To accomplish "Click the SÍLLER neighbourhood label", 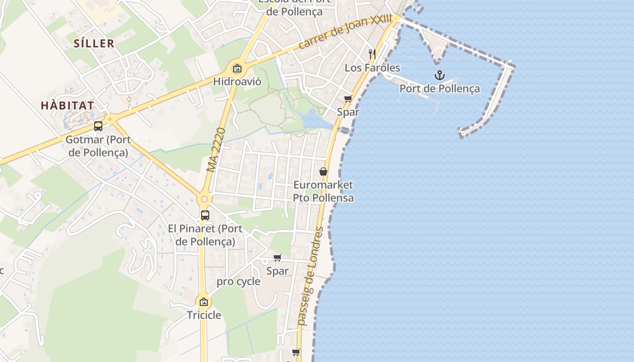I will point(94,43).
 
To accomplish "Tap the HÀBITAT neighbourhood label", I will point(67,106).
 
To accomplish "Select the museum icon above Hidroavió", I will point(237,69).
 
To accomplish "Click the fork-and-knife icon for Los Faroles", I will point(372,54).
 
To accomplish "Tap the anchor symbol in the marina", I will point(439,75).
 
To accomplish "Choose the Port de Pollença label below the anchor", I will point(439,88).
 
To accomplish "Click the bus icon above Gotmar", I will point(98,126).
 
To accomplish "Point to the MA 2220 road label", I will point(216,150).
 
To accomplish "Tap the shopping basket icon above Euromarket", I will point(323,171).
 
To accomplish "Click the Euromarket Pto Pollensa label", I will point(323,191).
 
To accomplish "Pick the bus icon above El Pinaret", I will point(205,215).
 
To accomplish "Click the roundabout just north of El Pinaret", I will point(204,199).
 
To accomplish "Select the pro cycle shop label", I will point(238,281).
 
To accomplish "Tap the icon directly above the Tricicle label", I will point(204,302).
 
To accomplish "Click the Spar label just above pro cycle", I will point(277,271).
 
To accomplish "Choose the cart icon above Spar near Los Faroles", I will point(348,99).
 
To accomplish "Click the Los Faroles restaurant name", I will point(372,68).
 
